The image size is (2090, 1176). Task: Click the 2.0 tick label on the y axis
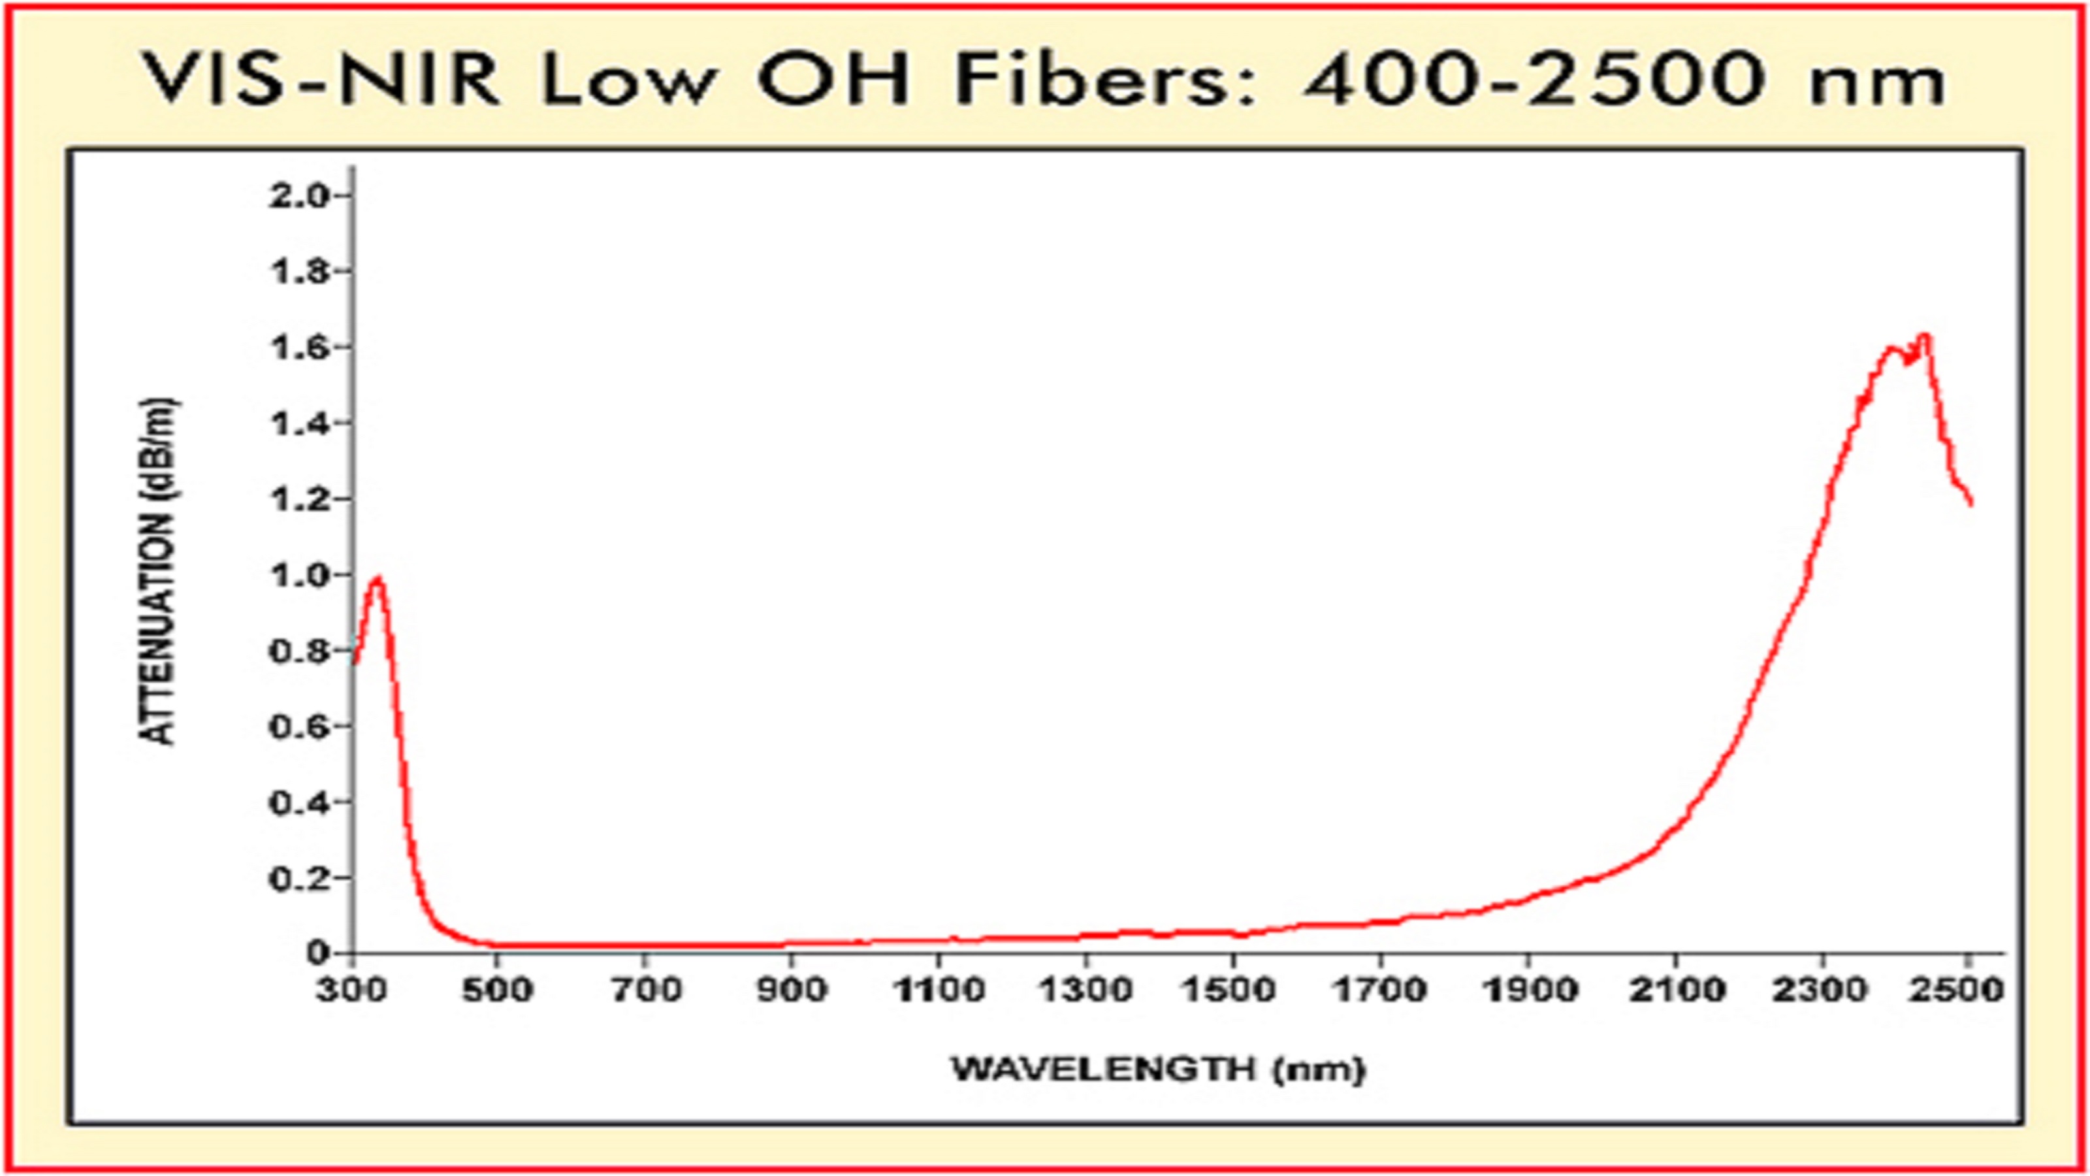[x=298, y=197]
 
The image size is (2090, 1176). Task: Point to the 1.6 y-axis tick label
[x=298, y=348]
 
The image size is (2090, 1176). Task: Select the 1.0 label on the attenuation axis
[x=298, y=576]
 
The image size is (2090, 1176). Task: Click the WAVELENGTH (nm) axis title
[x=1159, y=1069]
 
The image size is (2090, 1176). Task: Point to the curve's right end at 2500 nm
[x=1970, y=503]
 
